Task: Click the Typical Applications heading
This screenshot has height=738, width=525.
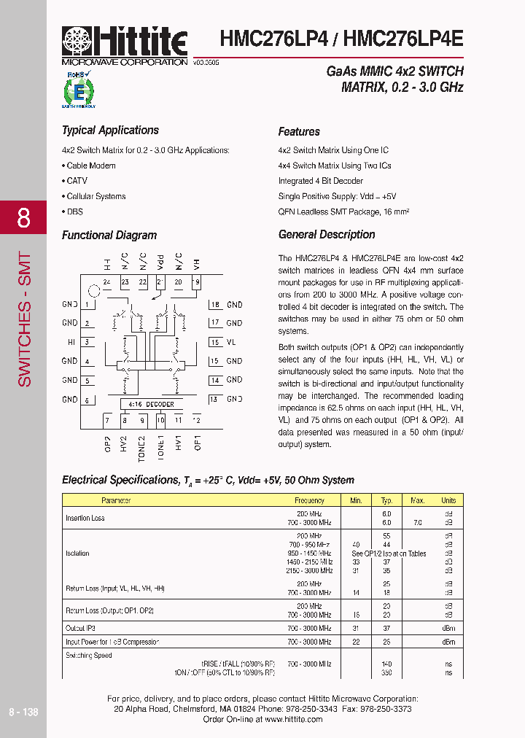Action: [x=110, y=131]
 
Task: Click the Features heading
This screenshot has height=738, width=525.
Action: [x=299, y=132]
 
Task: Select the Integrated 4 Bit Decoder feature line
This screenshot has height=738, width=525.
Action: [x=320, y=181]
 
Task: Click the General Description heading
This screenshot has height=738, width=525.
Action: [x=327, y=235]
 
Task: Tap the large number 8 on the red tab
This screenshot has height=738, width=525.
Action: [x=23, y=218]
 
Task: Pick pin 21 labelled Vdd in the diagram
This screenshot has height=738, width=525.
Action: [x=160, y=282]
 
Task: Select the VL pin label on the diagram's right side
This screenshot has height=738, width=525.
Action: [x=231, y=342]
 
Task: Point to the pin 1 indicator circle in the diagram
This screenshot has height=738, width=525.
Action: [x=92, y=291]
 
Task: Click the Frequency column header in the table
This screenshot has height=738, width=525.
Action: [x=309, y=500]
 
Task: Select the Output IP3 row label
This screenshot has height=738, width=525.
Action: [x=80, y=628]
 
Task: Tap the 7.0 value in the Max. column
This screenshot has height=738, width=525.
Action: [x=417, y=523]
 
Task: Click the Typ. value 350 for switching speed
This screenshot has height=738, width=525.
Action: [x=386, y=672]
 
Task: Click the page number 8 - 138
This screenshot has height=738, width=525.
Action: [x=23, y=712]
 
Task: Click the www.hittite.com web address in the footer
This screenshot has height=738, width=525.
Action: [x=293, y=720]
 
